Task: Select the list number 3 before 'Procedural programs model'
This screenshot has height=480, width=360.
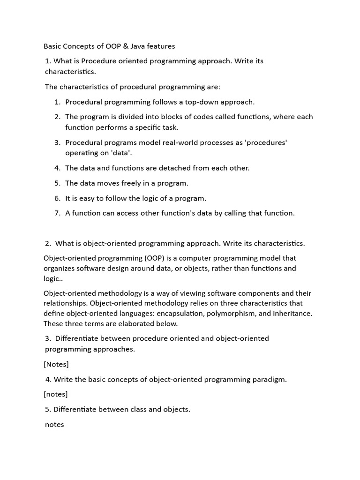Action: (x=57, y=142)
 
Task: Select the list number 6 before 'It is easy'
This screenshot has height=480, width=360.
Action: (x=57, y=198)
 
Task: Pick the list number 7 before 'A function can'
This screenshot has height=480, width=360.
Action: (x=57, y=213)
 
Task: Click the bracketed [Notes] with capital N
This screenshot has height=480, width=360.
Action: (x=56, y=364)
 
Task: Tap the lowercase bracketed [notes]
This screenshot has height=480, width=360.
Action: (x=56, y=394)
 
